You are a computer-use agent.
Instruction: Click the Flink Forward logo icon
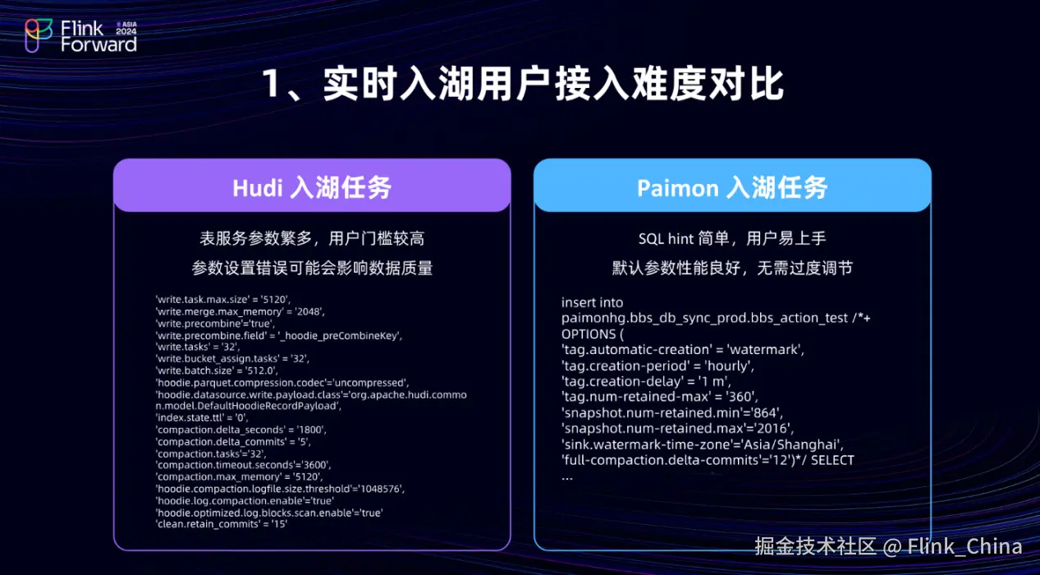pyautogui.click(x=39, y=36)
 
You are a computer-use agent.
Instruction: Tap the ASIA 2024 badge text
pyautogui.click(x=126, y=28)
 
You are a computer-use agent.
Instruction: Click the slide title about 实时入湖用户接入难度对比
pyautogui.click(x=523, y=84)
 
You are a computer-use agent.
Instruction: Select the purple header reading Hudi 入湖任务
pyautogui.click(x=312, y=186)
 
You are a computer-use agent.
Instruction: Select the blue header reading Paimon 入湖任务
pyautogui.click(x=732, y=186)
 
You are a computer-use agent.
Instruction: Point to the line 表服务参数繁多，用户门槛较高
pyautogui.click(x=312, y=239)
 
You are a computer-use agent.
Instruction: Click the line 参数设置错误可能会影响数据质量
pyautogui.click(x=312, y=268)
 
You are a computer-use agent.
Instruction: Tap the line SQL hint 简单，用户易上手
pyautogui.click(x=732, y=239)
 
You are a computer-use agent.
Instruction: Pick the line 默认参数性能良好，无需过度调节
pyautogui.click(x=732, y=268)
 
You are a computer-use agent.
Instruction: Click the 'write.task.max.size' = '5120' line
pyautogui.click(x=223, y=300)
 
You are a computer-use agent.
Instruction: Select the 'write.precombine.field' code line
pyautogui.click(x=279, y=335)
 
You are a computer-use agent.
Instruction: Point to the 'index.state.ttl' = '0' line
pyautogui.click(x=202, y=417)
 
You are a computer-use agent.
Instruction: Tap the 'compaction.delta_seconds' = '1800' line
pyautogui.click(x=241, y=430)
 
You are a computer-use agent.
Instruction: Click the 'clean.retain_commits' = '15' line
pyautogui.click(x=222, y=524)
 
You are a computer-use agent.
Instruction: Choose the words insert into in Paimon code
pyautogui.click(x=593, y=302)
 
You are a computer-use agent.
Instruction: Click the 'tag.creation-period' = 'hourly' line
pyautogui.click(x=657, y=366)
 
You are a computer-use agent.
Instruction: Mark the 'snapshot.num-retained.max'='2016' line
pyautogui.click(x=678, y=428)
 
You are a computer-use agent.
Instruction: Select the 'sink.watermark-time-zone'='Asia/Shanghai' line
pyautogui.click(x=703, y=444)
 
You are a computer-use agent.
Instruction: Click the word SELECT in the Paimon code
pyautogui.click(x=832, y=460)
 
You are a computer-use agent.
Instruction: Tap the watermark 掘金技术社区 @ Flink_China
pyautogui.click(x=888, y=547)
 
